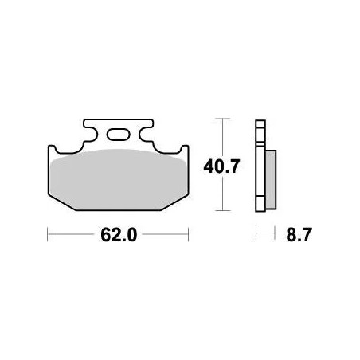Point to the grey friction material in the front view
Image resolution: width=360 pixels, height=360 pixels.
(119, 179)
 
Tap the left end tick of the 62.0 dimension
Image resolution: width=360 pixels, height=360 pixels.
(49, 236)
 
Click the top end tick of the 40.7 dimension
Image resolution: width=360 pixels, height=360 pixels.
(221, 119)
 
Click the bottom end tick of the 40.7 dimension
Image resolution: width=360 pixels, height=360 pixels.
(221, 212)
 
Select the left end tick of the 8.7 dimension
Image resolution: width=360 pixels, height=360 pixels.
(256, 236)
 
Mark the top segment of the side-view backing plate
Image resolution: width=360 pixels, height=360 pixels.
(259, 127)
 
